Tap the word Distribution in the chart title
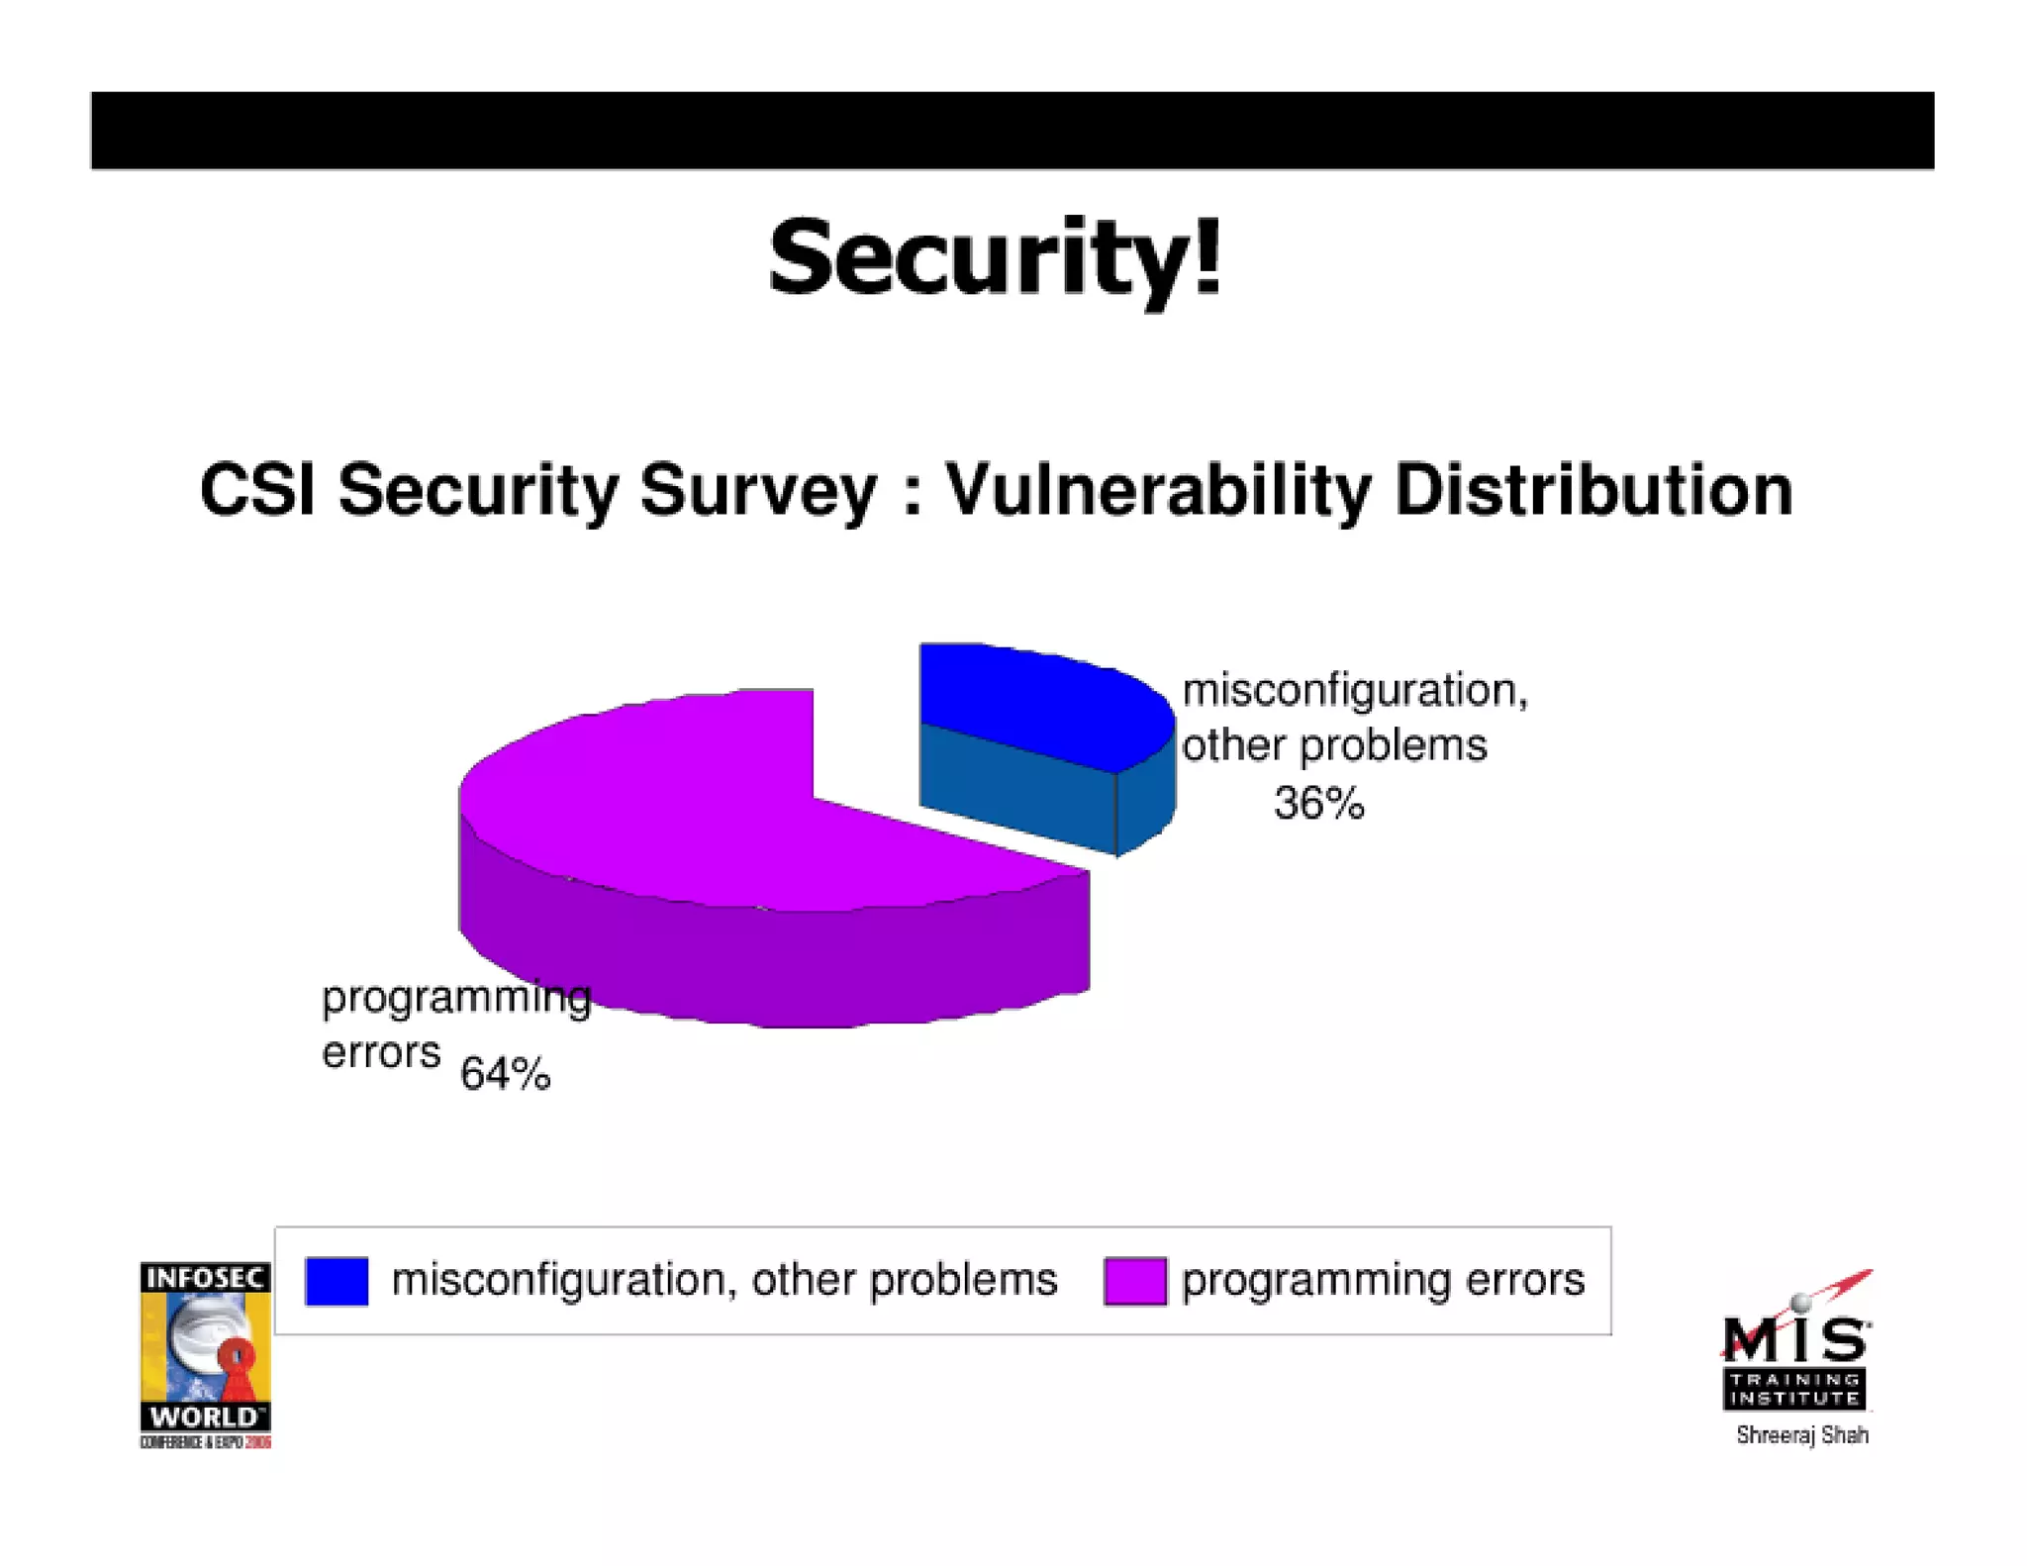click(x=1593, y=490)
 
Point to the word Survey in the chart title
click(x=757, y=490)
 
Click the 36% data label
click(x=1318, y=803)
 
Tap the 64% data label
click(x=505, y=1074)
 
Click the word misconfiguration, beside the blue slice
click(x=1354, y=690)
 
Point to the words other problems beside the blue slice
click(x=1334, y=745)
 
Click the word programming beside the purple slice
click(x=456, y=998)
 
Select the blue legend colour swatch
click(x=337, y=1281)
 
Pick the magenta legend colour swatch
click(x=1135, y=1281)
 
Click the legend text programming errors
click(x=1383, y=1280)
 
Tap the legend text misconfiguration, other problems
click(x=724, y=1280)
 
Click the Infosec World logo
click(x=205, y=1354)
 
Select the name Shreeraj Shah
click(x=1802, y=1435)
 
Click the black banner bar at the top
click(x=1013, y=131)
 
